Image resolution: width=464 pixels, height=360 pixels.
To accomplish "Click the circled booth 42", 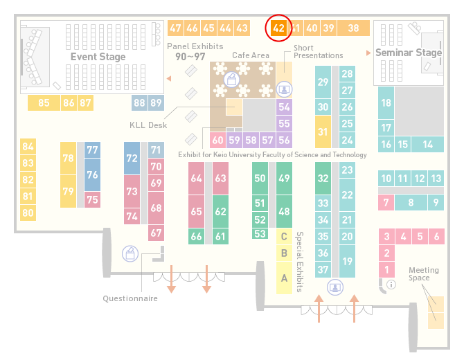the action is [x=278, y=28].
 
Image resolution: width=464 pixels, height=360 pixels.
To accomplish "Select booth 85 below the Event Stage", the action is [x=44, y=102].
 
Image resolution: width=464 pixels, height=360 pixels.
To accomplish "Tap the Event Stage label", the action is [x=98, y=57].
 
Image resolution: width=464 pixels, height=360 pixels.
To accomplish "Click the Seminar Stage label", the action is [x=409, y=53].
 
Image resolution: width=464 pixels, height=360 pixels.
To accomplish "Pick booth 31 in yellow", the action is [x=323, y=132].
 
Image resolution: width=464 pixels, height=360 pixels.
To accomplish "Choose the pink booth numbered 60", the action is [x=217, y=140].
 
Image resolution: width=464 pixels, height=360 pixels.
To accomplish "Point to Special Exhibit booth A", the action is [x=284, y=278].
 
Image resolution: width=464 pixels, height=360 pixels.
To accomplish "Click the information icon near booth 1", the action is [x=391, y=285].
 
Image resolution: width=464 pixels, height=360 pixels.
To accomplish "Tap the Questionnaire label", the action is [x=130, y=298].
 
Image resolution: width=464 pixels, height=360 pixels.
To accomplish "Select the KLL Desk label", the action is [x=148, y=125].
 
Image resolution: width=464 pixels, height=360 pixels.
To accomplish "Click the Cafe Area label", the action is [x=251, y=55].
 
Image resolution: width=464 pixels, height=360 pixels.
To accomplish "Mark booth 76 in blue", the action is [x=92, y=174].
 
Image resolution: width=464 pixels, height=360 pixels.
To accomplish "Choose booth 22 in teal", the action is [x=347, y=195].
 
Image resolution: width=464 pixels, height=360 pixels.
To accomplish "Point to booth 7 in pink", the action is [x=386, y=203].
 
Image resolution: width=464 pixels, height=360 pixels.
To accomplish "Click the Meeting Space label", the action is [x=423, y=274].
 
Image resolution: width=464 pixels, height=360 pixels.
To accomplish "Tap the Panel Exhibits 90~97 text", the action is [x=195, y=51].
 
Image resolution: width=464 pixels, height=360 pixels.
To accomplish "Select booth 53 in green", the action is [x=260, y=234].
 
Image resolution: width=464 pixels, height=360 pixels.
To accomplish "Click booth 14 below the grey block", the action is [x=427, y=145].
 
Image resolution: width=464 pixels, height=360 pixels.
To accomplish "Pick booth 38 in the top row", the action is [x=354, y=28].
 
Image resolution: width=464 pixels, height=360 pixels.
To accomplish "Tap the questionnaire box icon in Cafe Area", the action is [x=232, y=80].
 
